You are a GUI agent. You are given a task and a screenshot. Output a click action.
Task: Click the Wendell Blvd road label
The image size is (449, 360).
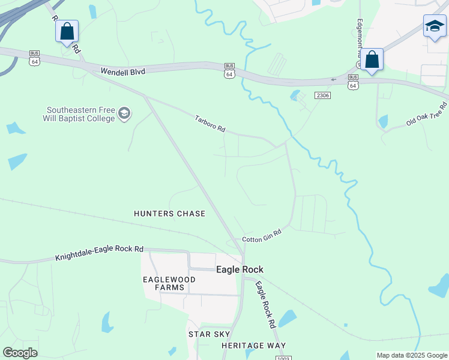click(x=123, y=71)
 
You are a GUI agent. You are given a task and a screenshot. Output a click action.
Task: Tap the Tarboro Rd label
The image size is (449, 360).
click(x=209, y=124)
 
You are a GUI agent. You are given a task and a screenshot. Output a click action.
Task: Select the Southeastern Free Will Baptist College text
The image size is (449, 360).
click(x=81, y=114)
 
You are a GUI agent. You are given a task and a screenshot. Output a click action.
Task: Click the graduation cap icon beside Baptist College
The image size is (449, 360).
click(x=124, y=113)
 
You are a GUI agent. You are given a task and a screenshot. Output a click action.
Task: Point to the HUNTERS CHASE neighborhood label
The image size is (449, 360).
click(x=169, y=214)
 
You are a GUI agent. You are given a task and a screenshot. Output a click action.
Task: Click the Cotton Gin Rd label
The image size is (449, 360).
click(x=262, y=236)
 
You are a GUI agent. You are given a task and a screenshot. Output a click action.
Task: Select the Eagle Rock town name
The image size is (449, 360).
click(x=240, y=270)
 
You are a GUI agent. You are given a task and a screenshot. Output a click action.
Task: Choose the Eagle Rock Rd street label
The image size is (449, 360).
click(x=265, y=304)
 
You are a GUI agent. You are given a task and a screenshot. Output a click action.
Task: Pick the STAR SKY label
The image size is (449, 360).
click(x=209, y=334)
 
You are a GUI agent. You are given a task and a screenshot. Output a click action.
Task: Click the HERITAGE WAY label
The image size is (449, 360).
click(x=253, y=346)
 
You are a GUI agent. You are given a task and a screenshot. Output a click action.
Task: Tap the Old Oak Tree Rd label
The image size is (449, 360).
click(x=427, y=114)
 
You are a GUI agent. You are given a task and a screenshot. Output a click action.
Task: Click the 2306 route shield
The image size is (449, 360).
click(x=323, y=95)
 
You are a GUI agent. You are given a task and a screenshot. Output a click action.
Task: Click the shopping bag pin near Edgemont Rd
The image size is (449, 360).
click(x=372, y=60)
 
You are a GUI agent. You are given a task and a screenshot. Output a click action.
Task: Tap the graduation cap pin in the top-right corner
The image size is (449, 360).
click(x=435, y=26)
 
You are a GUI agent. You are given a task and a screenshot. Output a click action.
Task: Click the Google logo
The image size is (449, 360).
click(x=20, y=353)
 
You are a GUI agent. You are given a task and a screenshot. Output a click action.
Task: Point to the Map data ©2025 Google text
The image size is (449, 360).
click(x=412, y=355)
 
